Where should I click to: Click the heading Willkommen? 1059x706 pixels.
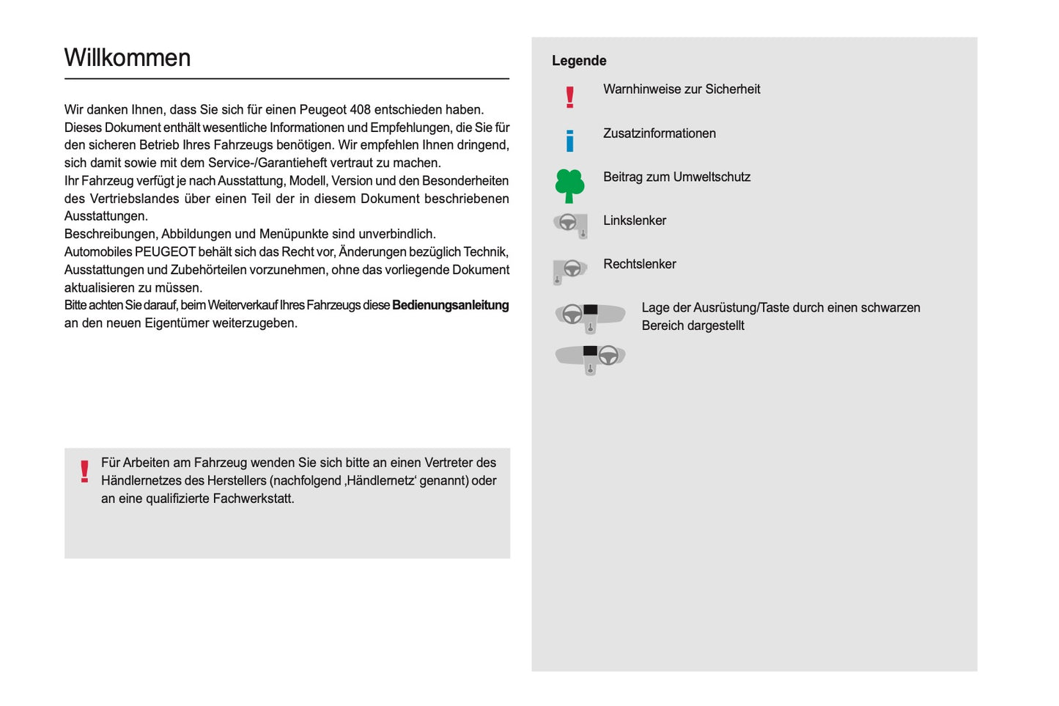pos(128,58)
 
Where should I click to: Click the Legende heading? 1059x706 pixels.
pos(579,61)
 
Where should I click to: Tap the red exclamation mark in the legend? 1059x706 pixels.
pos(569,97)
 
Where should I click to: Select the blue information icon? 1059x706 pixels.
pos(569,140)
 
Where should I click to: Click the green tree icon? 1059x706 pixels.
pos(569,185)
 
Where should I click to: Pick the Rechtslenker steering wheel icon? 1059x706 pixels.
pos(570,271)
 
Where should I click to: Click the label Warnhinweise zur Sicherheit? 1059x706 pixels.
pos(682,89)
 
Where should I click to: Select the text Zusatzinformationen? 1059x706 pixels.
pos(659,133)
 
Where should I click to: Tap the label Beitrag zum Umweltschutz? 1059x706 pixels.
pos(676,177)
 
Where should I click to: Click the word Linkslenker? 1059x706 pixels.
pos(635,221)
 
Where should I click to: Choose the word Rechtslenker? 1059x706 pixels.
pos(639,264)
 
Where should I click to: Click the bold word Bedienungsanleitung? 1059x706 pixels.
pos(450,305)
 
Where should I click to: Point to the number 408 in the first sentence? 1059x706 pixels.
pos(360,110)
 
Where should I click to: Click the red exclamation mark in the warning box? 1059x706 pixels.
pos(85,471)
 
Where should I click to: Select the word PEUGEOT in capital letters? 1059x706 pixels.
pos(165,252)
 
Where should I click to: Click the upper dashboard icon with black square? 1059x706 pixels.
pos(590,316)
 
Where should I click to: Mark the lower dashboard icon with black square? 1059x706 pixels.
pos(590,358)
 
